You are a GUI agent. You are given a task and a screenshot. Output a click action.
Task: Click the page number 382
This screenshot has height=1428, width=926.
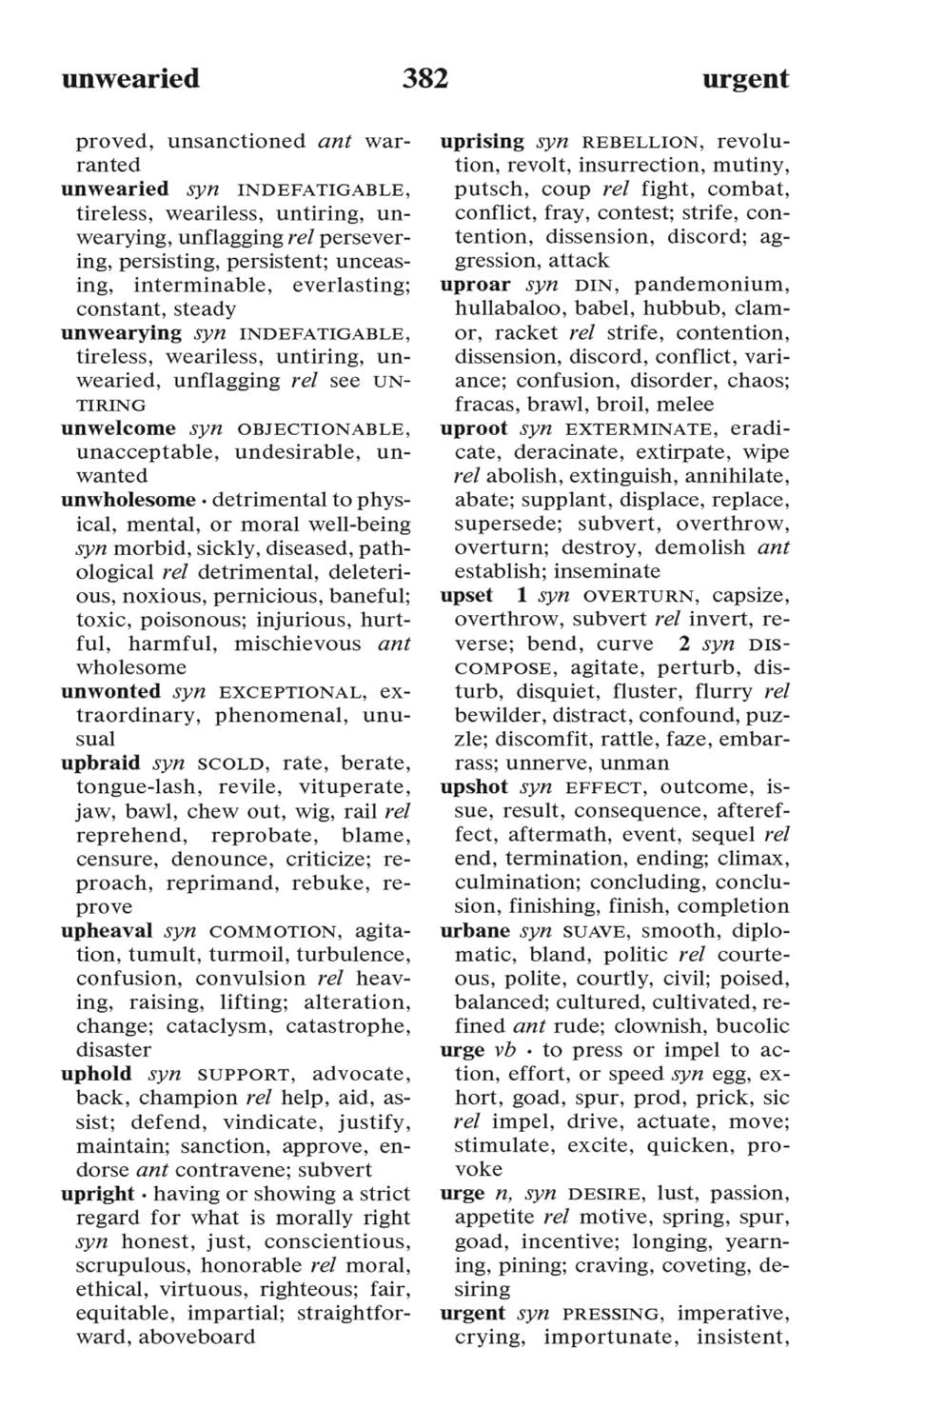coord(424,78)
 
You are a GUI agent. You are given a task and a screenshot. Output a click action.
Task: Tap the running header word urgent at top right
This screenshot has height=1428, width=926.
coord(745,79)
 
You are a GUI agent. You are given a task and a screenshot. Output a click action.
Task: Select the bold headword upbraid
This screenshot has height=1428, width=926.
coord(100,763)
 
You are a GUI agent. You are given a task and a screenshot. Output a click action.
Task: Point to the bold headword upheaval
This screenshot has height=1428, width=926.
coord(106,930)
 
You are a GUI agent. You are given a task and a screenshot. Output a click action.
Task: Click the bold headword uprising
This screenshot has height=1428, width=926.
coord(482,141)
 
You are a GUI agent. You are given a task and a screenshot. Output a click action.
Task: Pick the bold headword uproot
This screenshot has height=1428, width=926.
coord(473,428)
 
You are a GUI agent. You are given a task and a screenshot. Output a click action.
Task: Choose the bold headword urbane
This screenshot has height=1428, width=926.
coord(475,930)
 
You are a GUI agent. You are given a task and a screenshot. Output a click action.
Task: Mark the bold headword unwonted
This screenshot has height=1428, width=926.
coord(110,691)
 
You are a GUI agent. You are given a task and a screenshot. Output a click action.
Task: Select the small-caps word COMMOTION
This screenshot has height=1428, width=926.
coord(272,931)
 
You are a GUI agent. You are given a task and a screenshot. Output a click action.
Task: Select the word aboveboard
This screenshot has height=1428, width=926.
coord(197,1337)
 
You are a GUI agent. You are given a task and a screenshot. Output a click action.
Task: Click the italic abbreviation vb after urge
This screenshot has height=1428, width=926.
coord(504,1050)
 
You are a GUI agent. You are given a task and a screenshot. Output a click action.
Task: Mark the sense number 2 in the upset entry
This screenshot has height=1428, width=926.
coord(685,644)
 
